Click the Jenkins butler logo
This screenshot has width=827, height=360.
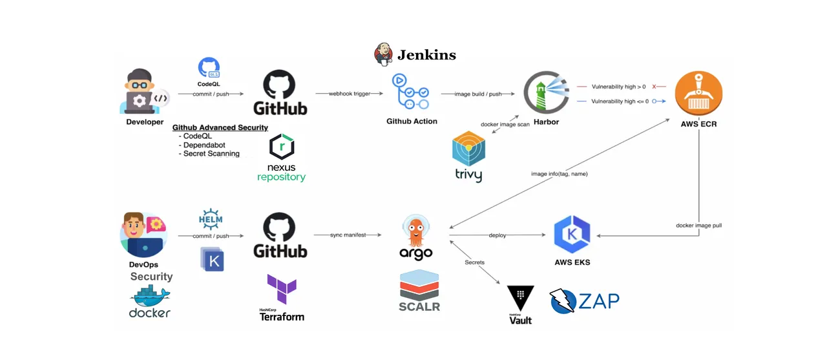click(x=383, y=54)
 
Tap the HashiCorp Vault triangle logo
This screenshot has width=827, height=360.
click(x=520, y=299)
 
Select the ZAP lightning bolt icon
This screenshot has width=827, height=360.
click(x=562, y=301)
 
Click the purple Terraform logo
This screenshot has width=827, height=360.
click(x=282, y=290)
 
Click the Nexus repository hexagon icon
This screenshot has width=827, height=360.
click(x=282, y=147)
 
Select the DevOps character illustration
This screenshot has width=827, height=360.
click(x=143, y=235)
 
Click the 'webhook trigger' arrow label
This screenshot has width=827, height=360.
click(x=350, y=94)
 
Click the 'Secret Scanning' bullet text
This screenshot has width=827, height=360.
click(x=211, y=154)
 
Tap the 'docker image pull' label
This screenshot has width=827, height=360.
click(x=698, y=226)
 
